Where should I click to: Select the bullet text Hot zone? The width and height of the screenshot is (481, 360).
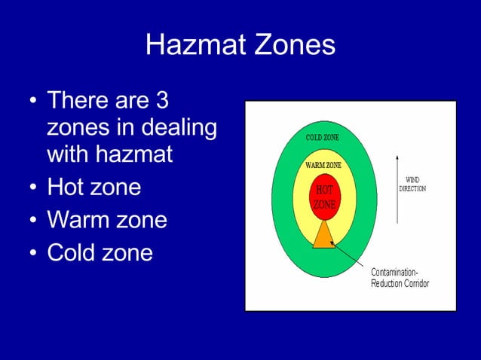pyautogui.click(x=93, y=187)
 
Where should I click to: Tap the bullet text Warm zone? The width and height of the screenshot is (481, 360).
pyautogui.click(x=107, y=220)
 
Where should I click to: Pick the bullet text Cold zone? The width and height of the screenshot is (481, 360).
pyautogui.click(x=100, y=253)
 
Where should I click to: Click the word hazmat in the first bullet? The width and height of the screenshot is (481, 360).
pyautogui.click(x=136, y=155)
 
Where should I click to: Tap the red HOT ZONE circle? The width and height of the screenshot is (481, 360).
pyautogui.click(x=325, y=196)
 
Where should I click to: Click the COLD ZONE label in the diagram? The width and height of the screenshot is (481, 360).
pyautogui.click(x=322, y=138)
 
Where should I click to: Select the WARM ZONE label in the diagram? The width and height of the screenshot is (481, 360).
pyautogui.click(x=323, y=165)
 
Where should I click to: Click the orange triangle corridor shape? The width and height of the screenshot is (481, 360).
pyautogui.click(x=323, y=236)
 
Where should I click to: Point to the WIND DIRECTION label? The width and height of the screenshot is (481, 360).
pyautogui.click(x=412, y=185)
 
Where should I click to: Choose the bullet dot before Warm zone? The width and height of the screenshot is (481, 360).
pyautogui.click(x=32, y=221)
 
